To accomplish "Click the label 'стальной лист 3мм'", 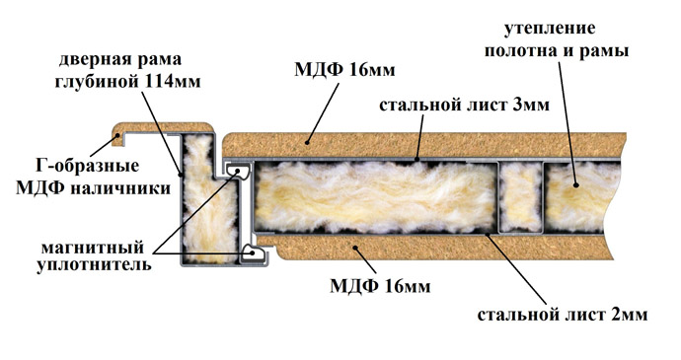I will click(x=449, y=103).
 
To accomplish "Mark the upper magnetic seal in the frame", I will click(x=238, y=174).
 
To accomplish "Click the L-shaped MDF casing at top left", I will click(x=163, y=130).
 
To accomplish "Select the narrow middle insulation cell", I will click(x=520, y=195).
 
